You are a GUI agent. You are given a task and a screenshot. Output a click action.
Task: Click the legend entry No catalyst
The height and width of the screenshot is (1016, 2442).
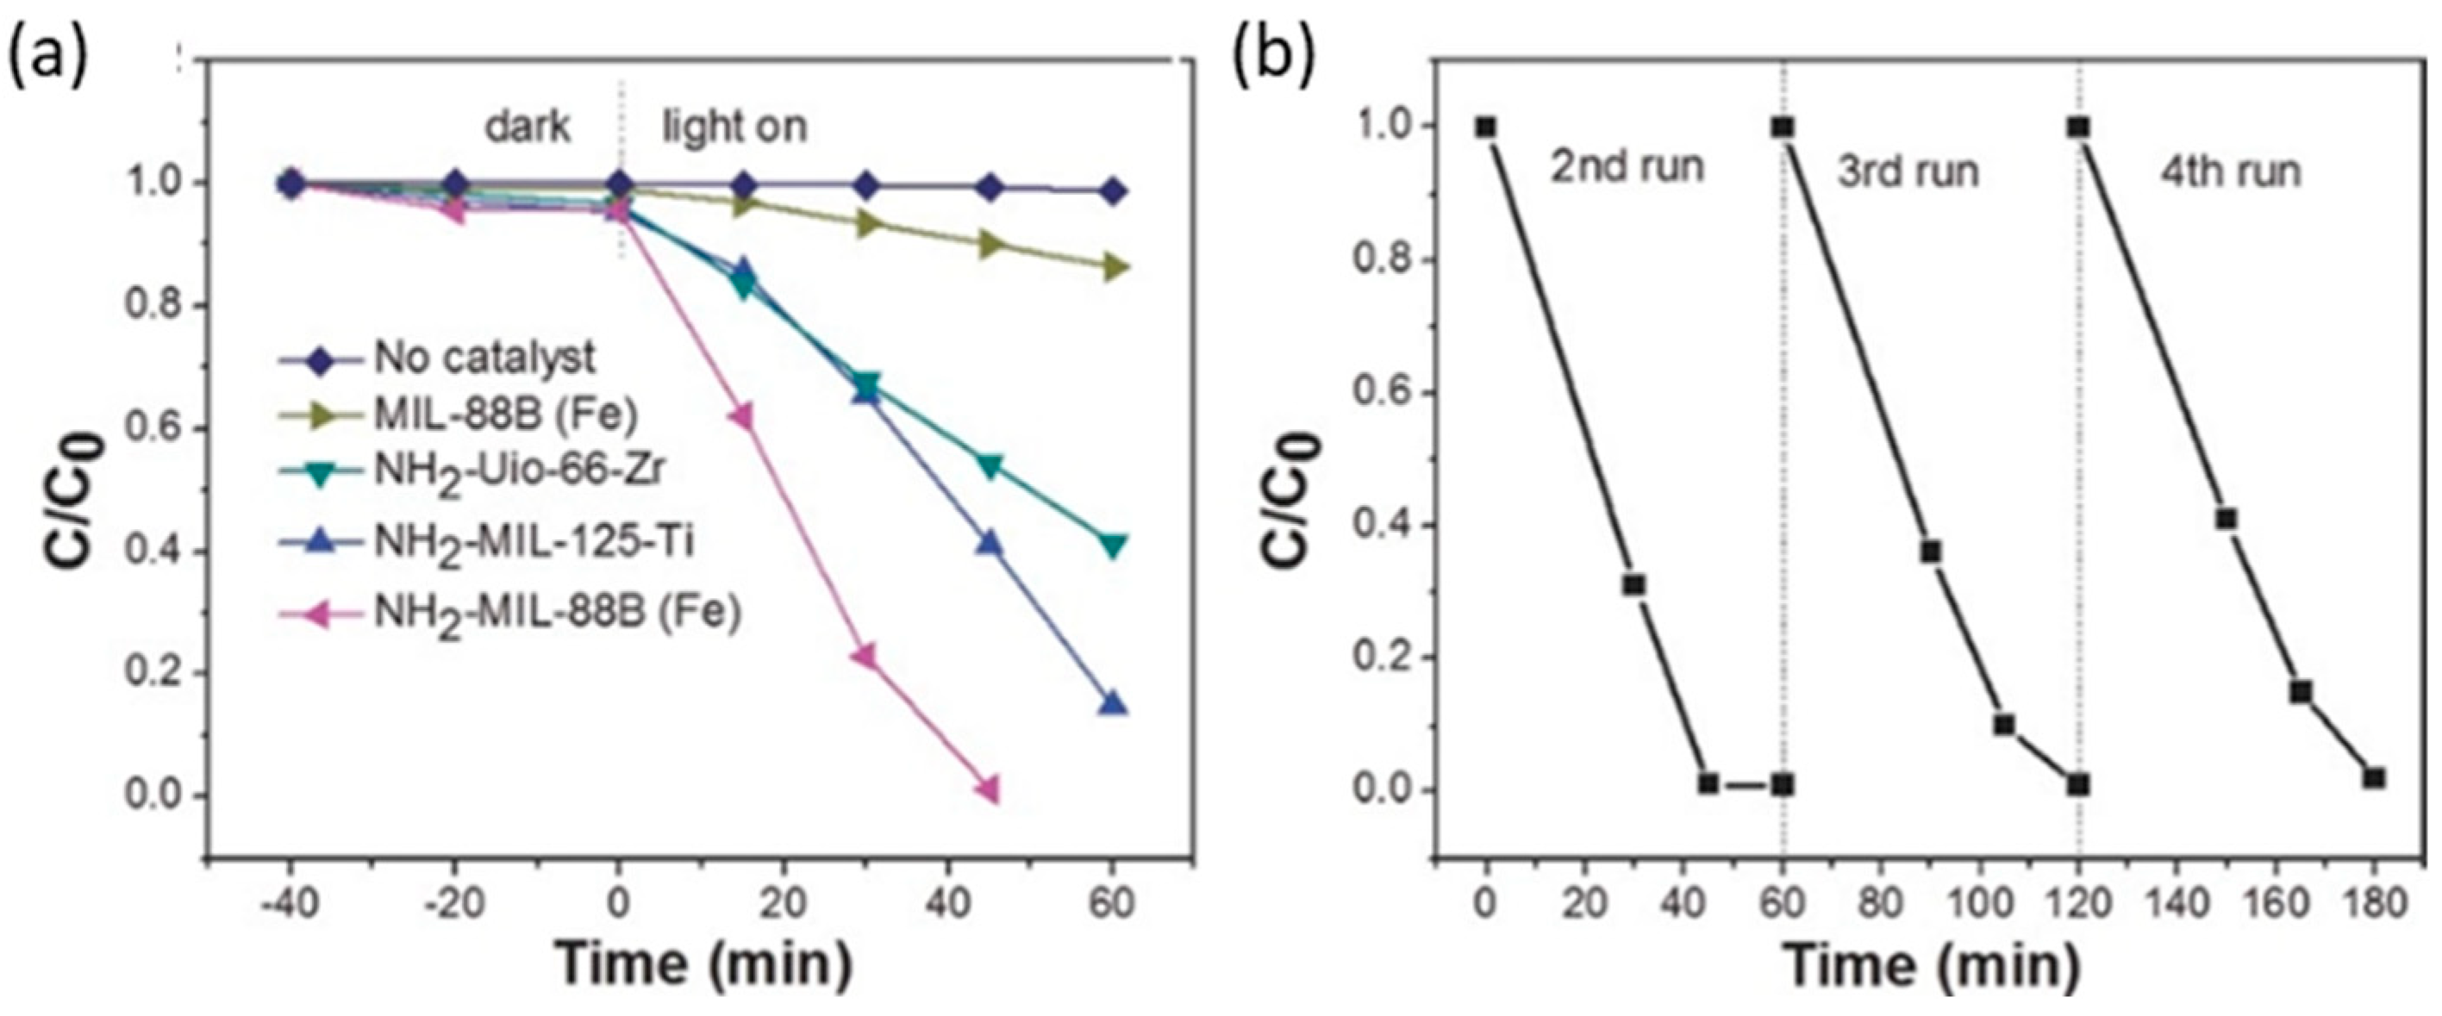click(484, 358)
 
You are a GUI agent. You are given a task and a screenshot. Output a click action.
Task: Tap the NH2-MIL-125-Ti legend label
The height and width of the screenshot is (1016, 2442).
click(534, 543)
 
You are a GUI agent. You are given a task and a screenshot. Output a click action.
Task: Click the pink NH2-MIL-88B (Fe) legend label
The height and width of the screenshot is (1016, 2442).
click(557, 614)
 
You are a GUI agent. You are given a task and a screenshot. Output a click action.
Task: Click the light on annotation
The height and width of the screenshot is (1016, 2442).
click(734, 126)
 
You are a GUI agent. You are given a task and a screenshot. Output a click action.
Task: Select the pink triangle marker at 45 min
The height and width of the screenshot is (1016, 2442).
click(988, 788)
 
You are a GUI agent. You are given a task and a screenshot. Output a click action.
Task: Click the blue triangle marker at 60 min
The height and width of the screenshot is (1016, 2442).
click(1114, 703)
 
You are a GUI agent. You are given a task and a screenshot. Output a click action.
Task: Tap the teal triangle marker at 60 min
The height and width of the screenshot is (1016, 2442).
click(1114, 545)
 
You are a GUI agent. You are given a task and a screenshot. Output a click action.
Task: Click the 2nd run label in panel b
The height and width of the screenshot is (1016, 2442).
click(1627, 168)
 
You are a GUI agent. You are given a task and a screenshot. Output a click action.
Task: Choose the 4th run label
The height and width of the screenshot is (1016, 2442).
click(2230, 172)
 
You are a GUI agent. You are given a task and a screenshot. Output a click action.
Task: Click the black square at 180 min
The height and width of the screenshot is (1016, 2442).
click(2374, 778)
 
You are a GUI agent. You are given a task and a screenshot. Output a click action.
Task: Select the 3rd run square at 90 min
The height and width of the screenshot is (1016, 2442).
click(1931, 552)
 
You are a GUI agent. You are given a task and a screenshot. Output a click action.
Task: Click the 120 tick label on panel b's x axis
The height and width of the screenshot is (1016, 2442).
click(2079, 903)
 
